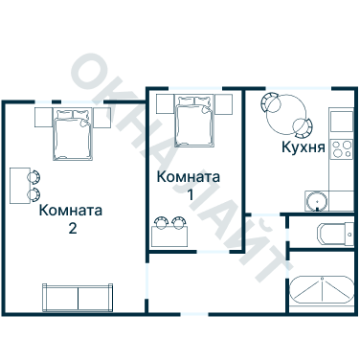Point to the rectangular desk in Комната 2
(19, 185)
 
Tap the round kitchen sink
(316, 200)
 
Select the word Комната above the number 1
(189, 177)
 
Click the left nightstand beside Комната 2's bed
(43, 118)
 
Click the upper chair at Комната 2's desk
(35, 176)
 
